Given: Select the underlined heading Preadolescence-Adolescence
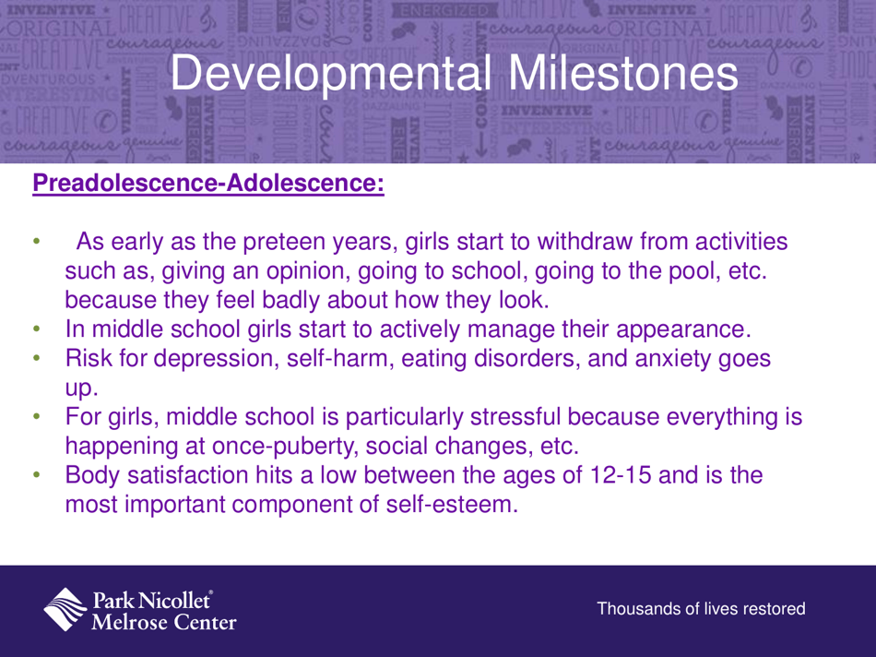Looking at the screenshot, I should click(x=207, y=183).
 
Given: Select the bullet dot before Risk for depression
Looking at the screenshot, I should click(x=38, y=358).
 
